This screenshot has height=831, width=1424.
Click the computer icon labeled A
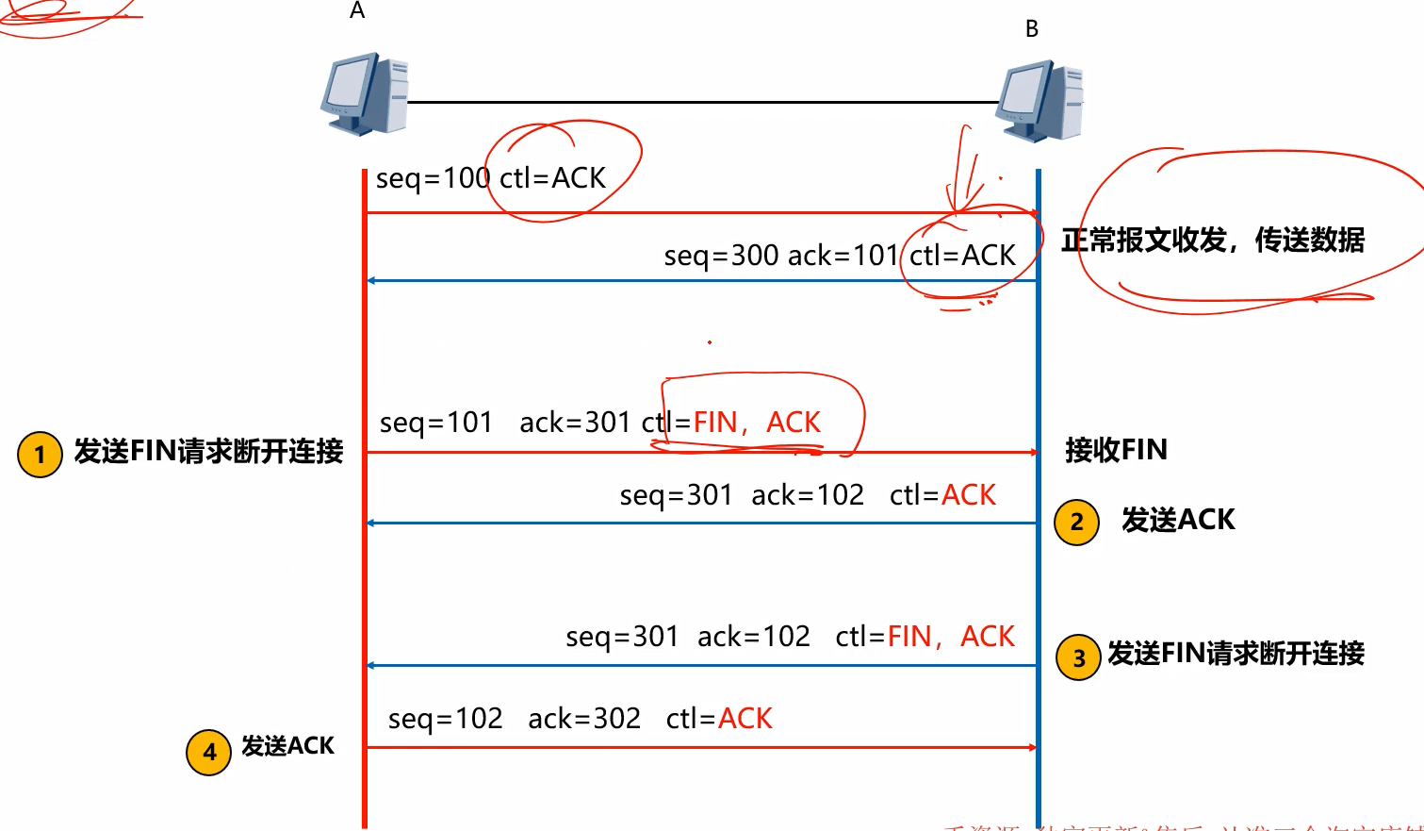tap(365, 93)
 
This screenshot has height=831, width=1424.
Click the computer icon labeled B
tap(1039, 101)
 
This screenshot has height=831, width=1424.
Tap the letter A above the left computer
tap(357, 11)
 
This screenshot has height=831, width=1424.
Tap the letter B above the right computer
tap(1032, 29)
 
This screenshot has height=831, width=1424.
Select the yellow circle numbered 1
tap(40, 455)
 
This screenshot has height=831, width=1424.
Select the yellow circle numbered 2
tap(1076, 523)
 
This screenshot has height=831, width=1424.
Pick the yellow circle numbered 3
tap(1079, 658)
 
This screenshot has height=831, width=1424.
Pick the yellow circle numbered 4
tap(209, 752)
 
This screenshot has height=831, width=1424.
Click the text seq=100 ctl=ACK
tap(490, 178)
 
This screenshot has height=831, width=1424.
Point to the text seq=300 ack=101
tap(780, 256)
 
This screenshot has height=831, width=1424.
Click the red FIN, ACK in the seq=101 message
tap(757, 423)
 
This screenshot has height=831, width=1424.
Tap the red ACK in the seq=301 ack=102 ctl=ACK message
tap(968, 495)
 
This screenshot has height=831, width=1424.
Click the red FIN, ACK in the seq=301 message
tap(951, 637)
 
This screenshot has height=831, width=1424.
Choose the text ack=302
tap(584, 719)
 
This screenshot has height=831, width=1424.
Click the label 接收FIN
tap(1116, 450)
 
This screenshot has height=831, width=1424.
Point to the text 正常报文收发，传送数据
tap(1213, 241)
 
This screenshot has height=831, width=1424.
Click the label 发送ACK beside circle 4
tap(287, 746)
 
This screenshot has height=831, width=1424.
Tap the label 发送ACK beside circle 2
tap(1178, 520)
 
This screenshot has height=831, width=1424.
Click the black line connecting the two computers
tap(702, 102)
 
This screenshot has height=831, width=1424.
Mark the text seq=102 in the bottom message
tap(445, 719)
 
